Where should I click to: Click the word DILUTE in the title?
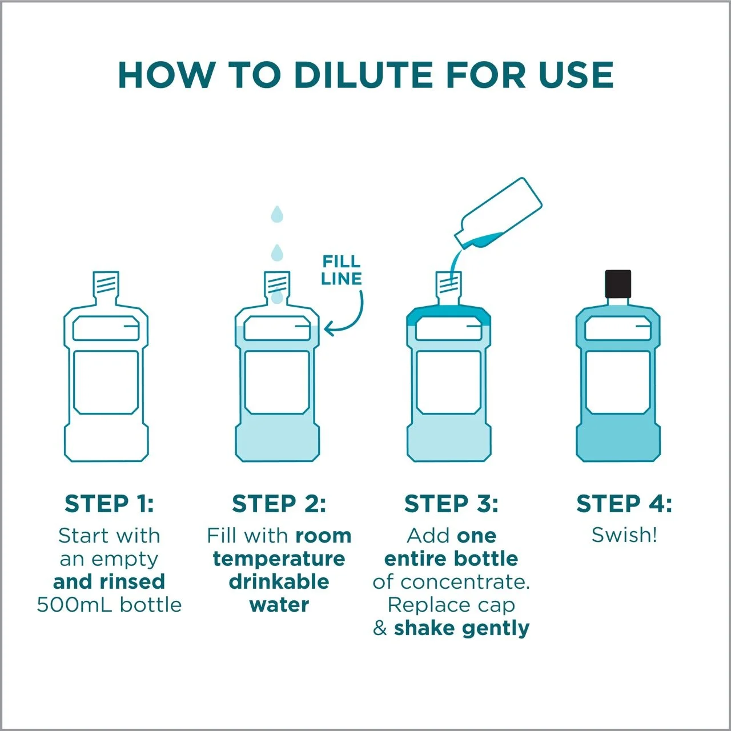click(x=363, y=75)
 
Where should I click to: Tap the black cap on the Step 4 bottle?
click(x=618, y=284)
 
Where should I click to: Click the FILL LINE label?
click(x=341, y=270)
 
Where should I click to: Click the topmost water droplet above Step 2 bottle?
click(x=277, y=214)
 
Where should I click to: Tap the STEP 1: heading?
click(x=109, y=504)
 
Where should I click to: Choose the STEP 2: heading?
click(x=279, y=504)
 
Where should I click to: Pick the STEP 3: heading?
click(x=451, y=504)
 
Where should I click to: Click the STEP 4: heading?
click(x=624, y=504)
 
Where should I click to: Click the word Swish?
click(x=624, y=535)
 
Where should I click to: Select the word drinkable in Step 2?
click(x=279, y=582)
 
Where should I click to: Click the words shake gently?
click(x=461, y=629)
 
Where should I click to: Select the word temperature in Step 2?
click(x=279, y=559)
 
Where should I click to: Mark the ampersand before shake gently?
click(x=380, y=628)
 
